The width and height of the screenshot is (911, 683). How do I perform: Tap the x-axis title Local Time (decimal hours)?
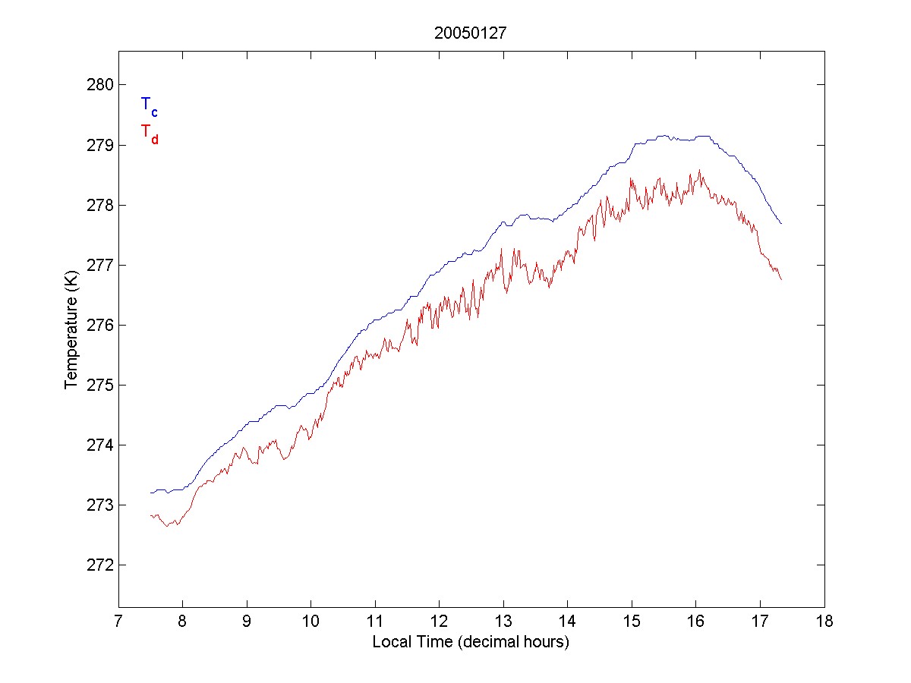(471, 642)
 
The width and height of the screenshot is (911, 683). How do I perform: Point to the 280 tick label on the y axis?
(100, 85)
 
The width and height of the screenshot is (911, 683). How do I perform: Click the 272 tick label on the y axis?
(100, 565)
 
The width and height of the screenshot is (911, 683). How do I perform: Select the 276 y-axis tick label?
(100, 325)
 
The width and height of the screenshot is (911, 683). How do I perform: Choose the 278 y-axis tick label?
(100, 205)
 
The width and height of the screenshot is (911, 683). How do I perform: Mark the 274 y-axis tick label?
(100, 445)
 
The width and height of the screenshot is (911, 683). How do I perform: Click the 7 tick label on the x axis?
(118, 622)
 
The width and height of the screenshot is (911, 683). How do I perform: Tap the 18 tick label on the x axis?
(824, 622)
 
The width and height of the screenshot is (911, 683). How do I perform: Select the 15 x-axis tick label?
(632, 622)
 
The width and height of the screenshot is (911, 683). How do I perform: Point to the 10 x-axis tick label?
(310, 622)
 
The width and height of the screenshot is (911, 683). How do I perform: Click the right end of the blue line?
(781, 223)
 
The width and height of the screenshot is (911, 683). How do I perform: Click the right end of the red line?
(781, 279)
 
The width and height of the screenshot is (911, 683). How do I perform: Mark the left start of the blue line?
(150, 493)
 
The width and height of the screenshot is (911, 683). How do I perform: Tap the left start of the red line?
(150, 515)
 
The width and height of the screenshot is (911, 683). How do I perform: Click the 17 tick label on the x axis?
(760, 622)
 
